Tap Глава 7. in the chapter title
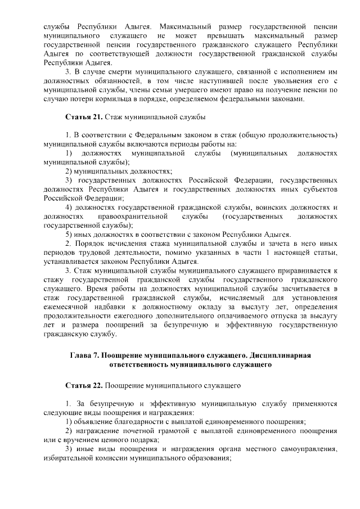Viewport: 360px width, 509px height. tap(86, 355)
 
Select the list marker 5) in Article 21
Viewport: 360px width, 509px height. tap(70, 235)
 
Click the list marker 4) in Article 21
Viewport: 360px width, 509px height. tap(70, 208)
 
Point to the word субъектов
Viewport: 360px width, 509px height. tap(320, 190)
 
